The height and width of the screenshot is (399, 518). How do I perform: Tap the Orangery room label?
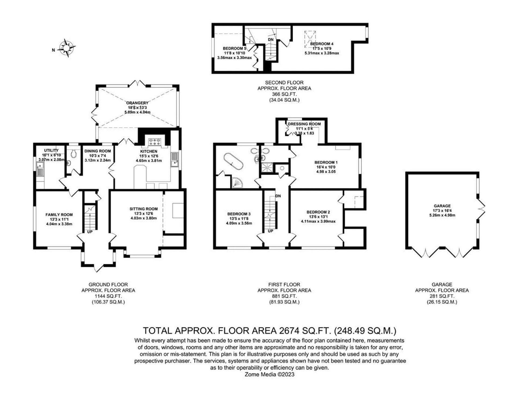[137, 103]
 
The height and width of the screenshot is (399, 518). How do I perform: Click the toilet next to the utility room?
[73, 154]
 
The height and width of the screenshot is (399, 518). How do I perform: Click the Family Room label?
[59, 215]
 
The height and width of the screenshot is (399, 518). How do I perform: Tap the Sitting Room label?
[144, 209]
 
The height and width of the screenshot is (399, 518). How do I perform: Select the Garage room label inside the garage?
[442, 206]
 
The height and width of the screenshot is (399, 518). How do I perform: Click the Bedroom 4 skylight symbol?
[310, 37]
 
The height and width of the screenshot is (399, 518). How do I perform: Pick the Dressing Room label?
[304, 124]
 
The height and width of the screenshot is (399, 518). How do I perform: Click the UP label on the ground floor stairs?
[90, 232]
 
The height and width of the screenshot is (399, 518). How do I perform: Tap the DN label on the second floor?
[271, 40]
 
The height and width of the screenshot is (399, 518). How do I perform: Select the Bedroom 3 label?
[239, 214]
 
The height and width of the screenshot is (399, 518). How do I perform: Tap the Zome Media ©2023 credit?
[270, 374]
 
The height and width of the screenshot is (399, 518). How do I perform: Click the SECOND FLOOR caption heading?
[284, 83]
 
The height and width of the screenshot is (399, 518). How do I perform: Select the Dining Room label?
[98, 151]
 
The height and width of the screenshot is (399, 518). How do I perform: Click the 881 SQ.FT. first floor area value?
[284, 296]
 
